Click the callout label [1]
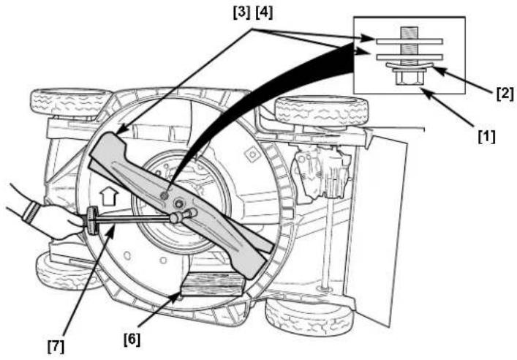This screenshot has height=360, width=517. click(x=487, y=137)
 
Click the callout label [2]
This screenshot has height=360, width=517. click(x=505, y=94)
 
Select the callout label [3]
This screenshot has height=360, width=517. click(x=242, y=13)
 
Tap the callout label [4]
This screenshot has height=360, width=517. click(x=265, y=13)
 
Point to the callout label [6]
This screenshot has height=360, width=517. click(x=132, y=340)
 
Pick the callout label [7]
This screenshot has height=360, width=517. click(x=56, y=346)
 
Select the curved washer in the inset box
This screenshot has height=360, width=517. click(x=410, y=66)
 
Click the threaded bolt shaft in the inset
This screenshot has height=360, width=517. click(x=410, y=44)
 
